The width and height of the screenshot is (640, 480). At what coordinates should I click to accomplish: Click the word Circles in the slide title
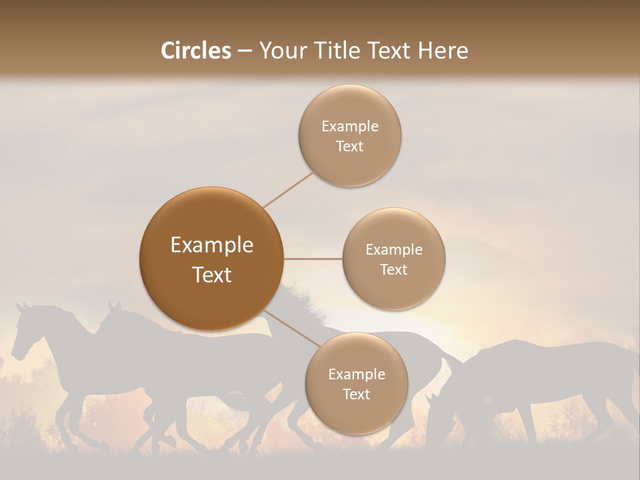coord(196,51)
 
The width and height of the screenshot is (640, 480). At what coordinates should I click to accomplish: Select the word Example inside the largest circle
coord(212,245)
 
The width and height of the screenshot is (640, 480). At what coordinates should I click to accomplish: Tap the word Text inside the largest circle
coord(212,275)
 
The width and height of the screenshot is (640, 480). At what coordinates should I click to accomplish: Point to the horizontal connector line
coord(313,259)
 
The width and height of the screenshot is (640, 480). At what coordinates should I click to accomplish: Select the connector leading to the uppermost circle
coord(288,189)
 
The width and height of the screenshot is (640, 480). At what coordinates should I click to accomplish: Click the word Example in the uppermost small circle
coord(349,126)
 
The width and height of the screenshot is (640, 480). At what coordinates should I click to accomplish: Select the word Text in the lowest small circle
coord(356,394)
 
